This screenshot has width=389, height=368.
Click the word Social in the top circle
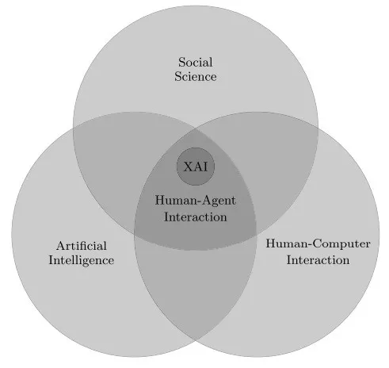[x=195, y=63]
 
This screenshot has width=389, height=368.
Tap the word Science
[x=196, y=77]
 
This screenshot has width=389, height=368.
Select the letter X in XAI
[x=189, y=167]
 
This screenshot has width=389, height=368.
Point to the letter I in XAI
[x=205, y=167]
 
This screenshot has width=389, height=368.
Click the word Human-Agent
[x=195, y=201]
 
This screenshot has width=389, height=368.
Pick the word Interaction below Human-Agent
[x=196, y=217]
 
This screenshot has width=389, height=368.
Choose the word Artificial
[x=82, y=246]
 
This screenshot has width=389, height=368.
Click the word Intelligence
[x=82, y=260]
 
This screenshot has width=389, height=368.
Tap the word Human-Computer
[x=318, y=243]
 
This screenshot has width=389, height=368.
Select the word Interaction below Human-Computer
[x=318, y=260]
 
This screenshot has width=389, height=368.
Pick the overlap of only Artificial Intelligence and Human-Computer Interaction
[x=196, y=286]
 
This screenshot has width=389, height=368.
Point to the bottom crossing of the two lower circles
[x=196, y=339]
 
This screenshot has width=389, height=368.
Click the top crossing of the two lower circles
[x=196, y=129]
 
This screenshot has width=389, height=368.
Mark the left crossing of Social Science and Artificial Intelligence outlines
[x=74, y=128]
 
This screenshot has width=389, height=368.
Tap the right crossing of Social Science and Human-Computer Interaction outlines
[x=318, y=128]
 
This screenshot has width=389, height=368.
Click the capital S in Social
[x=181, y=63]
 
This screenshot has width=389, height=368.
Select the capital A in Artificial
[x=61, y=246]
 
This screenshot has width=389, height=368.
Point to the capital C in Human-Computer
[x=318, y=243]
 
